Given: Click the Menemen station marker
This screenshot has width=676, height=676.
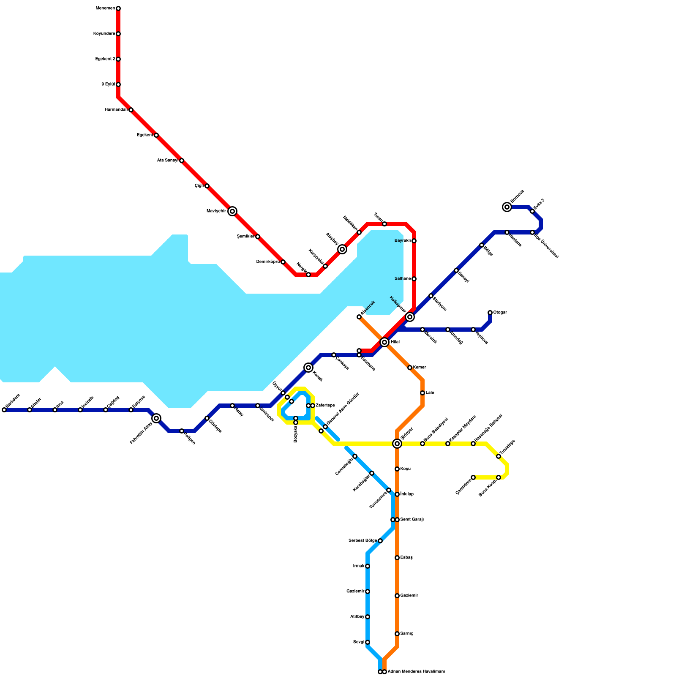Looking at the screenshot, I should point(118,8).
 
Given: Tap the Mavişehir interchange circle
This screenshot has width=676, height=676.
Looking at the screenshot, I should point(232,211).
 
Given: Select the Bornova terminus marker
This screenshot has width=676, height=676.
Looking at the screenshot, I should point(507,207).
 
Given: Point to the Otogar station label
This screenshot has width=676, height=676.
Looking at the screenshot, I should point(500,313).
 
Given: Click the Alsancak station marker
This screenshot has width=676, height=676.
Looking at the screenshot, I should point(359,317).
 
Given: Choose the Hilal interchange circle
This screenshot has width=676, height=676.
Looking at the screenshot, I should point(384,342).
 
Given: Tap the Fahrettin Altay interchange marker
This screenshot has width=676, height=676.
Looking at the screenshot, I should point(156,418).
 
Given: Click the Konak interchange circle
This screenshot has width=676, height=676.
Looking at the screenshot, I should point(308,368).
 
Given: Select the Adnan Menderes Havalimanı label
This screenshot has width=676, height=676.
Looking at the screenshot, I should point(416,672).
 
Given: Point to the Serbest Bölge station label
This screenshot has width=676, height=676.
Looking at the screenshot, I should point(363,541).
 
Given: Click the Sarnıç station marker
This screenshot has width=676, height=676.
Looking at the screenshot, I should point(397,634).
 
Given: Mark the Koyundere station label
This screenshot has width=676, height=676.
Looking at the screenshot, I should point(104,34).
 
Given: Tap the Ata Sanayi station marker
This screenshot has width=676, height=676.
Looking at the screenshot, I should point(182,161).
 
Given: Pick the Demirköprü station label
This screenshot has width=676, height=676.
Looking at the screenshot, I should point(268,262).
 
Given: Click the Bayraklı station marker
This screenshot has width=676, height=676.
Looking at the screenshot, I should point(414,241).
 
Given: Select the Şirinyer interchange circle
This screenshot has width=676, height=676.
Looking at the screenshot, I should point(397,444).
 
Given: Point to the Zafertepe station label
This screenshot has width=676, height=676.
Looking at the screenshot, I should point(325,406).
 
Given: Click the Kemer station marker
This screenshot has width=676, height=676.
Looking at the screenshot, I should point(410,368).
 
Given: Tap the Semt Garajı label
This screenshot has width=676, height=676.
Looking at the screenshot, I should point(412,520).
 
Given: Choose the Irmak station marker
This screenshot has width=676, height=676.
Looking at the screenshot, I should point(368,566).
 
